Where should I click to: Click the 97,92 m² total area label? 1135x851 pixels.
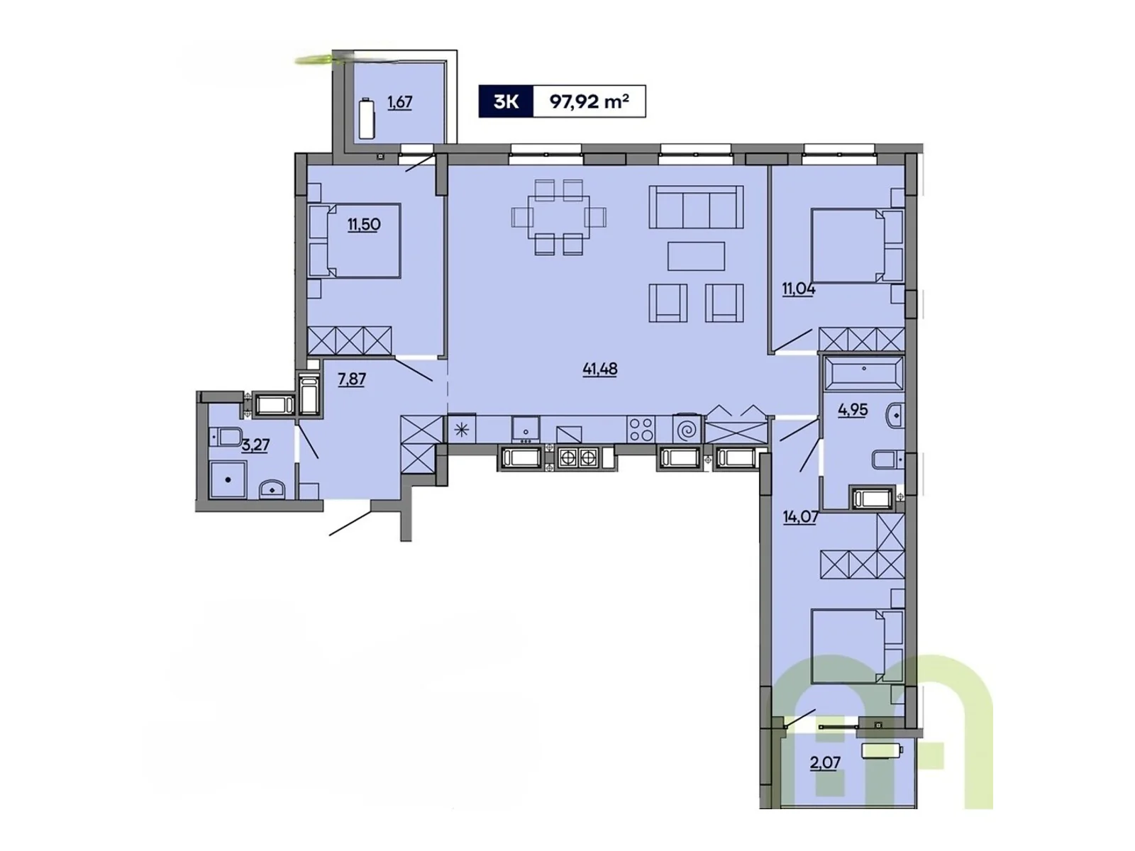coord(589,101)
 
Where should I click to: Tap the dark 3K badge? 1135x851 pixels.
coord(505,101)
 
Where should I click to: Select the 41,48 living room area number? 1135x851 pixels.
coord(599,369)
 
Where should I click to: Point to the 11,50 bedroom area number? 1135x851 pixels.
coord(363,225)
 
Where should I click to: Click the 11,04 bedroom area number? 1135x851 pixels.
coord(798,289)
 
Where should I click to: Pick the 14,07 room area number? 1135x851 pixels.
coord(800,517)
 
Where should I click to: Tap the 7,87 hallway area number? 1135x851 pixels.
coord(351,379)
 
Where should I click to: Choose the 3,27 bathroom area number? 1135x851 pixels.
coord(255,445)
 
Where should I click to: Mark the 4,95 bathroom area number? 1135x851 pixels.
coord(852,410)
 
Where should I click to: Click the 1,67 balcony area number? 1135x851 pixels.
coord(399,102)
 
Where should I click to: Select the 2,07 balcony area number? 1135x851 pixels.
coord(825,763)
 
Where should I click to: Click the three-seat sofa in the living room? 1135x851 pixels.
coord(696,206)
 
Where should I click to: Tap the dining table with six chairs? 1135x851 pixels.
coord(558,216)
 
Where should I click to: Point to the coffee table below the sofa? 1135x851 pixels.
coord(696,256)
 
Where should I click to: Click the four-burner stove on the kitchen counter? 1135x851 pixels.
coord(641,429)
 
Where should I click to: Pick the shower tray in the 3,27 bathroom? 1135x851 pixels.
coord(228,479)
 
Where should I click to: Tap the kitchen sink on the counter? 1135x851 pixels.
coord(526,428)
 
